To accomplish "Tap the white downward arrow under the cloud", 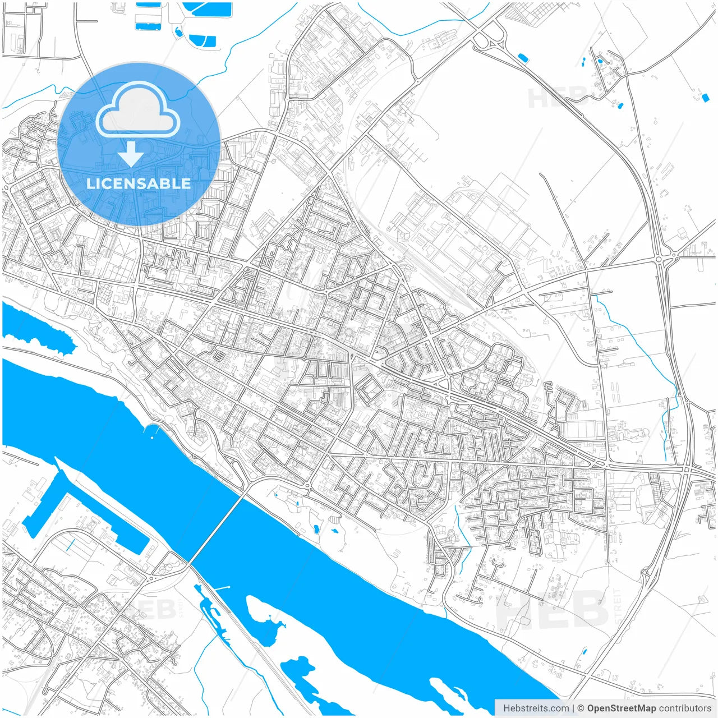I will (131, 154).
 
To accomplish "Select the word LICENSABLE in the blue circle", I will (138, 183).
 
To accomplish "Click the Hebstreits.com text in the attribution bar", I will (536, 708).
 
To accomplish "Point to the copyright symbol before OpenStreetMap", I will (581, 708).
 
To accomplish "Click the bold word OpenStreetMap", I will (621, 708).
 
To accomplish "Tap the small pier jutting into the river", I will (222, 588).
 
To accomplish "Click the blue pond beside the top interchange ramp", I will (523, 57).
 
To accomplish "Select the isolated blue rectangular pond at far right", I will (705, 98).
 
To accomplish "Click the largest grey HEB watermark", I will (553, 611).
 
